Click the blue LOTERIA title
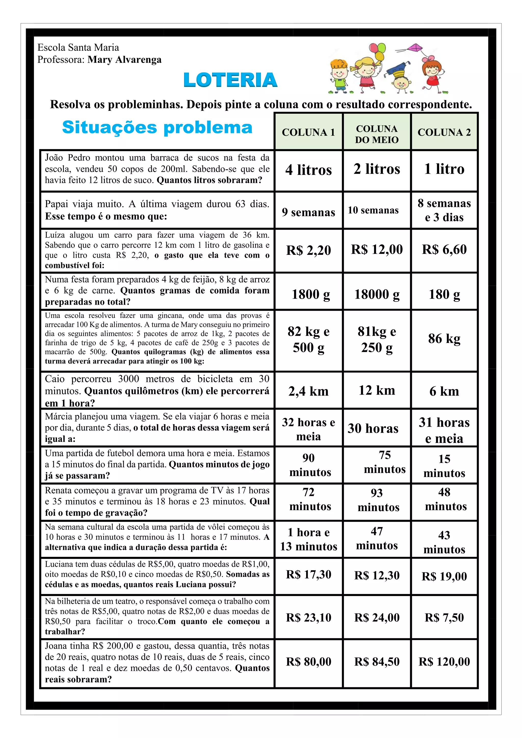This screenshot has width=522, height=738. pos(230,80)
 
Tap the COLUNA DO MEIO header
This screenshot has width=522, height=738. pos(377,134)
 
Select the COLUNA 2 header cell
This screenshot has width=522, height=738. pos(444,132)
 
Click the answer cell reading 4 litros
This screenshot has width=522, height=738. pos(309,170)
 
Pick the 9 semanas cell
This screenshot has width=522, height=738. pos(309,212)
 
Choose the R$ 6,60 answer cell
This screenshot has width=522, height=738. pos(444,249)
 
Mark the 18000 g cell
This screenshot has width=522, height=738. pos(377,294)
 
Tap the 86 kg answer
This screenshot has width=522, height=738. pos(444,338)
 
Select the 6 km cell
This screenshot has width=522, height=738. pos(444,391)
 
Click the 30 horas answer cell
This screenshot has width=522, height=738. pos(373,428)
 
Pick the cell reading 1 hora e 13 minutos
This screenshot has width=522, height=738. pos(309,539)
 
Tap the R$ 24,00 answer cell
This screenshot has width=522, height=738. pos(377,617)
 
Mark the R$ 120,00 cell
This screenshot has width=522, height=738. pos(444,662)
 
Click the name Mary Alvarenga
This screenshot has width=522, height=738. pos(124,60)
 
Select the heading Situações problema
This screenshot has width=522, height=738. pos(157,127)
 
